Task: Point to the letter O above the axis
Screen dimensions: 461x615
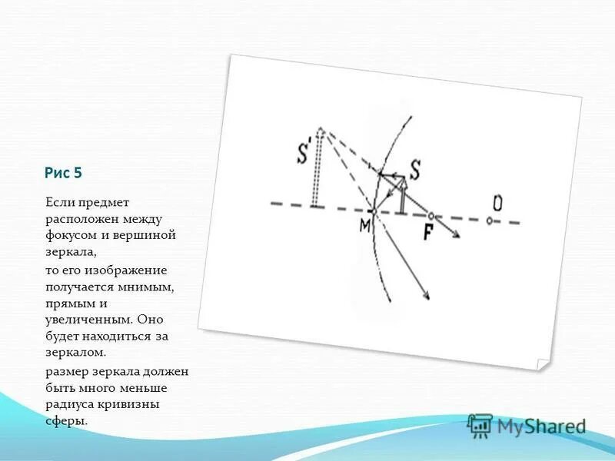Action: point(497,203)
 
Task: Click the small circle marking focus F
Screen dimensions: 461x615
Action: point(432,216)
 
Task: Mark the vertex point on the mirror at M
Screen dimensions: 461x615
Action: point(372,210)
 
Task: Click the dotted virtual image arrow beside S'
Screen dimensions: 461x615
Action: point(315,169)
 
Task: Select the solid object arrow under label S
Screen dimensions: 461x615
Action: point(401,195)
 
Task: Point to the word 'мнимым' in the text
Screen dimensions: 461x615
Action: point(152,287)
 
